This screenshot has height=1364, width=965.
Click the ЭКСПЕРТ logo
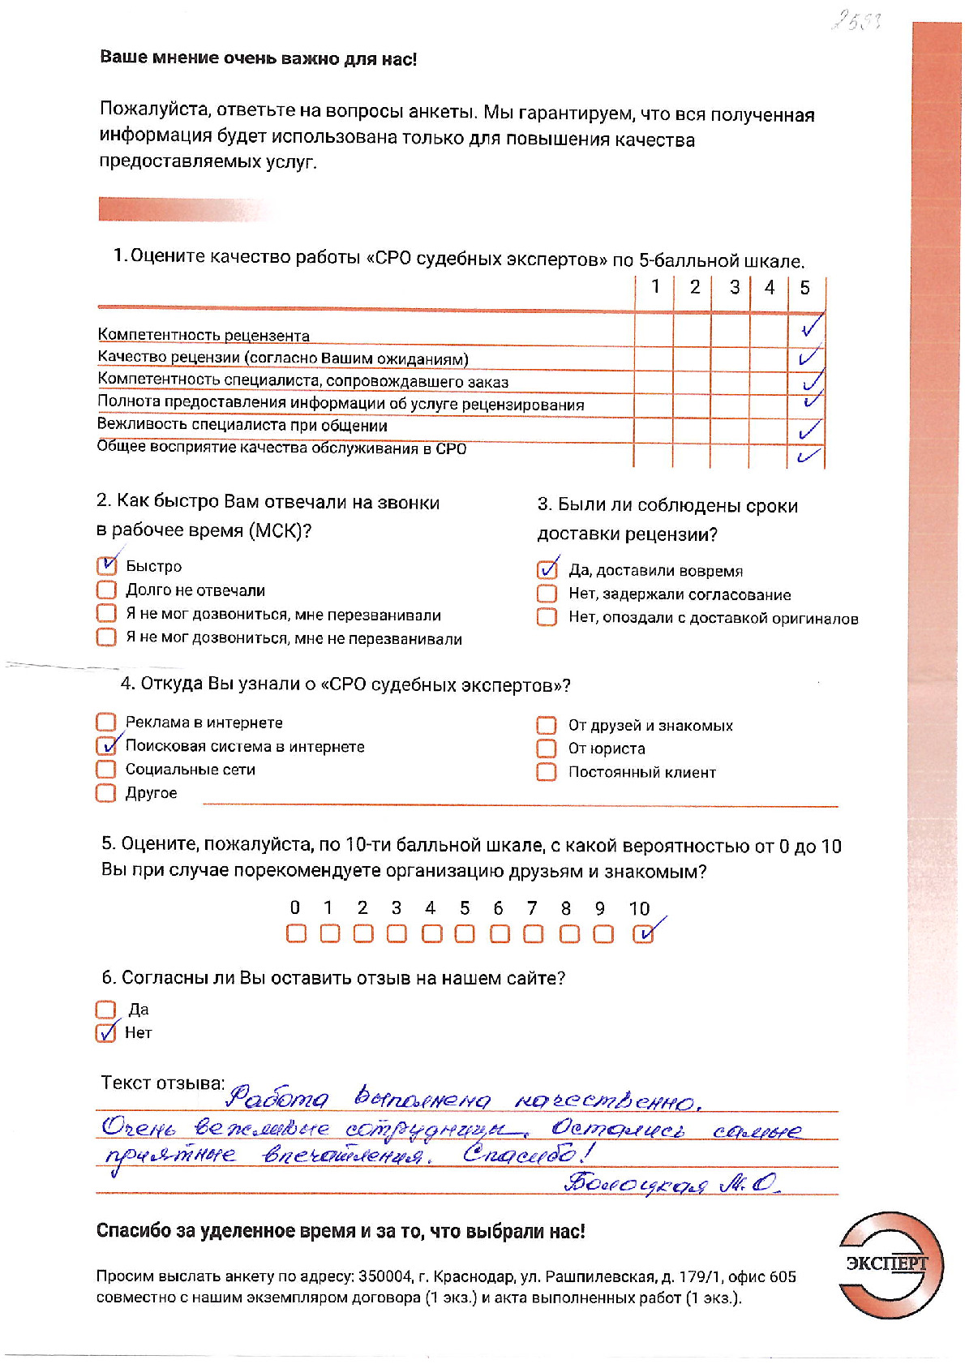pos(890,1264)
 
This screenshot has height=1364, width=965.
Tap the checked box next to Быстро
pos(106,565)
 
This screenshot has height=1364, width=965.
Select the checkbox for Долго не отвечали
pos(106,590)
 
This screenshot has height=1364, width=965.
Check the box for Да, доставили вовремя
pos(547,570)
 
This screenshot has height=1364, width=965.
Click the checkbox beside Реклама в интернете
pos(105,722)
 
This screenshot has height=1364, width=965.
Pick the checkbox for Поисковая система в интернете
pos(106,745)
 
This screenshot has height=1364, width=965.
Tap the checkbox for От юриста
pos(547,748)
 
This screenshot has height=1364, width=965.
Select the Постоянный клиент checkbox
pos(547,772)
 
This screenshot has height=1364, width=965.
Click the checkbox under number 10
pos(642,934)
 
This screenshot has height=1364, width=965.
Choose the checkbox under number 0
pos(296,934)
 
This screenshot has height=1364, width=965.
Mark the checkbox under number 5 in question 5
pos(465,934)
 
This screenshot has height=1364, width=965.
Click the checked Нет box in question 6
pos(105,1032)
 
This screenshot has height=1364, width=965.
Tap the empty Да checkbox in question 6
pos(105,1010)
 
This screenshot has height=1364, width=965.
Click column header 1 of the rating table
pos(655,287)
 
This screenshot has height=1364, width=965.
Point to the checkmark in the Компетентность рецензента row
pos(810,327)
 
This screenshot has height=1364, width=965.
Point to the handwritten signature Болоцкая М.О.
pos(671,1184)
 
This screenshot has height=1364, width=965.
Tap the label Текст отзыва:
pos(162,1083)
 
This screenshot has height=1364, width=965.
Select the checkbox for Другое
pos(105,792)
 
